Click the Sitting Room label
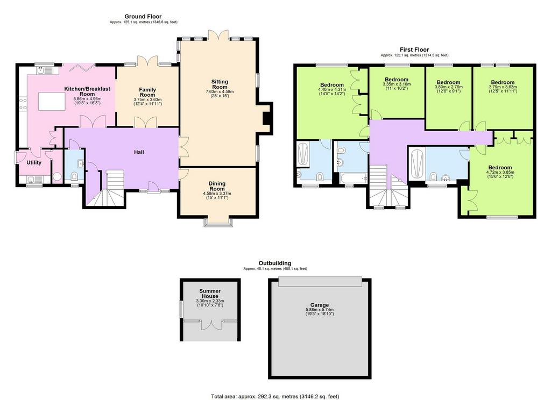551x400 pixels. click(220, 84)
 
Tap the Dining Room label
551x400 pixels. click(217, 186)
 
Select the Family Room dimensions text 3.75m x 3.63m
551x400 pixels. click(147, 100)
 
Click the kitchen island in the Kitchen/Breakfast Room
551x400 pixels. click(52, 101)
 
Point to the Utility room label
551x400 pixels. click(34, 162)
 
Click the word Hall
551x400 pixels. click(139, 152)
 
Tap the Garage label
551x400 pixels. click(320, 305)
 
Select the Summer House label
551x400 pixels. click(210, 293)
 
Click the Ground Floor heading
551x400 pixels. click(143, 17)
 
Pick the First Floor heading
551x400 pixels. click(414, 49)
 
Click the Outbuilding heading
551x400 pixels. click(275, 263)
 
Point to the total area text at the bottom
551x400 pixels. click(275, 396)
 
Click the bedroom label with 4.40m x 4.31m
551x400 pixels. click(331, 85)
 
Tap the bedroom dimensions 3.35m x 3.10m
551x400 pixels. click(397, 84)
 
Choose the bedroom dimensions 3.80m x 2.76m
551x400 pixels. click(448, 87)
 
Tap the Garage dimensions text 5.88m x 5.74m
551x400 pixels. click(320, 310)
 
